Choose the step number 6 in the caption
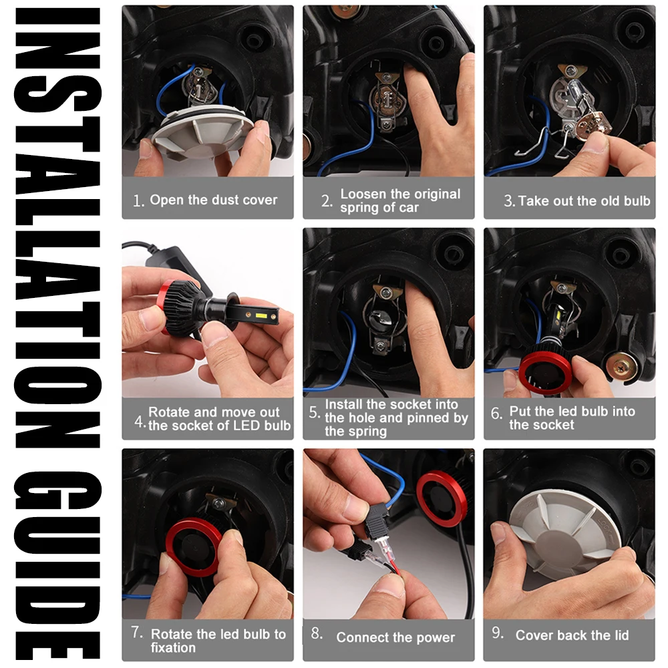tap(496, 413)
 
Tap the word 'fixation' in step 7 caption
tap(173, 647)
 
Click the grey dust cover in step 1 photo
tap(202, 134)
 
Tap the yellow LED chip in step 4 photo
tap(259, 316)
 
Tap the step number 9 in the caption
tap(498, 633)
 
